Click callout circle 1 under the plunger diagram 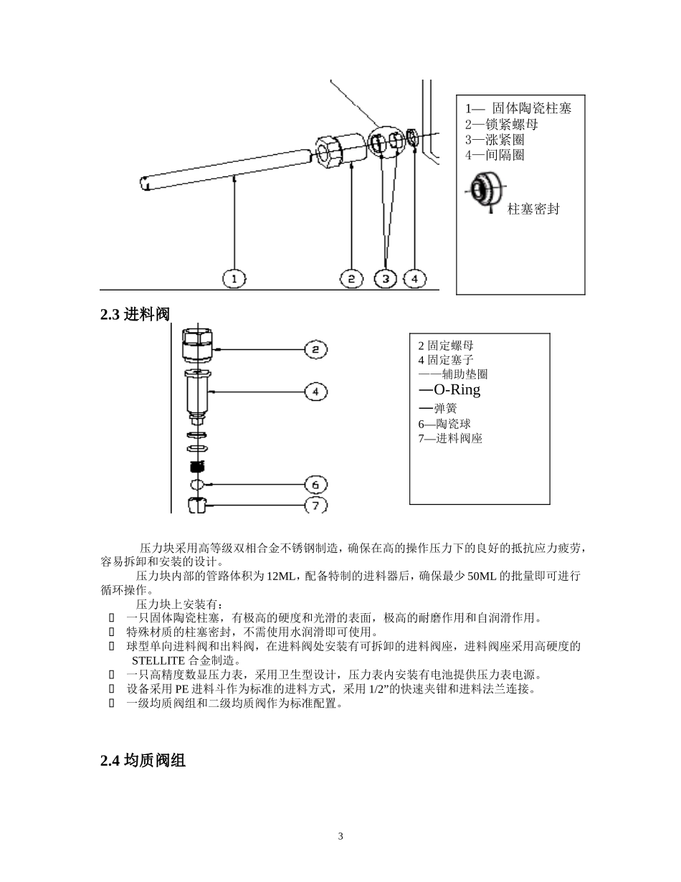(234, 278)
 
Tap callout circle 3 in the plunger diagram (386, 278)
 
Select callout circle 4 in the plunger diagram (414, 278)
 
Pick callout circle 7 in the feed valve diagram (315, 505)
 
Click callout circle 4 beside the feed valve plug (315, 392)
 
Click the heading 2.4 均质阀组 (143, 761)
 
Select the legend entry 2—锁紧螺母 (502, 124)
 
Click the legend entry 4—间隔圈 (495, 154)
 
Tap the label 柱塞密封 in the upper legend (533, 209)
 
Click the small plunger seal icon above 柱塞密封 (481, 190)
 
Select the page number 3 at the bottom (340, 837)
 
